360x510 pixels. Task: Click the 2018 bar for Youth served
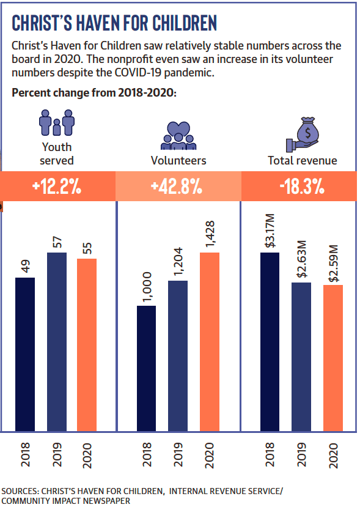[x=25, y=355]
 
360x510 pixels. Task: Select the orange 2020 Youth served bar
[x=87, y=345]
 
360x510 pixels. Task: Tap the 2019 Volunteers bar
[x=178, y=356]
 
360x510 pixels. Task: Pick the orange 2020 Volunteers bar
[x=210, y=342]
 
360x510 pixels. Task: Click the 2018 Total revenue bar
[x=270, y=342]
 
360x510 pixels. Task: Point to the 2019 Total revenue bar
[x=301, y=357]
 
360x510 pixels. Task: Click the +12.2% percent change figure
[x=57, y=187]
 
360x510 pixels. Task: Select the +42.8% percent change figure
[x=177, y=187]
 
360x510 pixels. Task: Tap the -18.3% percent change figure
[x=302, y=187]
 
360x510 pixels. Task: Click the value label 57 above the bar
[x=57, y=242]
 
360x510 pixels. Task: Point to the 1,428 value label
[x=210, y=234]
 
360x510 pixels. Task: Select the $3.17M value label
[x=270, y=231]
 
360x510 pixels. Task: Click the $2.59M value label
[x=333, y=264]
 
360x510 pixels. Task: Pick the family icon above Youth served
[x=57, y=122]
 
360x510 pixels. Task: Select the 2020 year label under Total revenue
[x=333, y=456]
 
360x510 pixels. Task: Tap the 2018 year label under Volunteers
[x=147, y=454]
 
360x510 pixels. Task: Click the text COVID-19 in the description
[x=138, y=72]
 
